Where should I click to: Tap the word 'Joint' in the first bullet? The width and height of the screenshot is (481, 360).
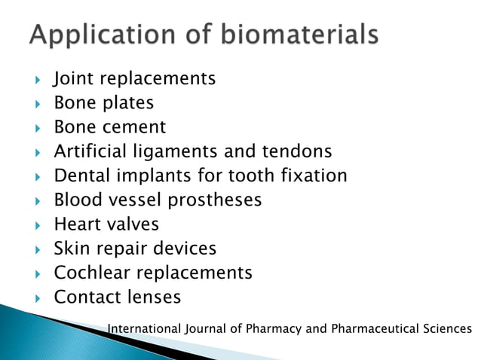tap(73, 78)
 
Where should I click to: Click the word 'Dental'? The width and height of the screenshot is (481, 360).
tap(81, 175)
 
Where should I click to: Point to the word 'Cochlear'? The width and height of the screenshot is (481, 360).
tap(92, 272)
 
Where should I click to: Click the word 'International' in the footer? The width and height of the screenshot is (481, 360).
tap(145, 329)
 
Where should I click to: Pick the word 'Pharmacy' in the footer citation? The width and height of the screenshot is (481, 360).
tap(273, 329)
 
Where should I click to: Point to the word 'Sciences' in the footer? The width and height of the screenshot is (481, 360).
tap(451, 329)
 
